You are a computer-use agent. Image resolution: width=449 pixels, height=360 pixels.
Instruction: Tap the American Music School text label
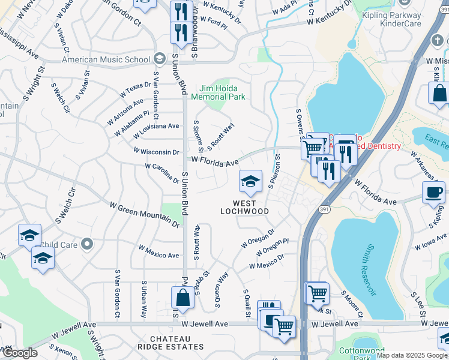tap(106, 59)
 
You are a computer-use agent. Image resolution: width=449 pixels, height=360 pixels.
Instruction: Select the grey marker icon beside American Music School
tap(158, 59)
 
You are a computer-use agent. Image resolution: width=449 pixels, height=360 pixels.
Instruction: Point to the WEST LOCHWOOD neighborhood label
tap(244, 207)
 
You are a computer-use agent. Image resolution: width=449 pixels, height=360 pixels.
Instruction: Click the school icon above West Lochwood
tap(250, 181)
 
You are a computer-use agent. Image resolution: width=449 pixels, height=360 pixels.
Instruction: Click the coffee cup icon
tap(433, 193)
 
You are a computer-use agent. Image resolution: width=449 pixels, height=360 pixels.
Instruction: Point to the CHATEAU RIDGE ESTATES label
tap(176, 343)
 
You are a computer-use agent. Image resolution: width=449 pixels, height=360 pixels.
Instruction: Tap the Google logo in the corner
tap(20, 353)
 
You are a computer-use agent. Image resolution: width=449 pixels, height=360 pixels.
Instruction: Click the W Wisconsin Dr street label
tap(156, 152)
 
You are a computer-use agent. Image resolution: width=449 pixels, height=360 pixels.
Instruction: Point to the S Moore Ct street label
tap(352, 304)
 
